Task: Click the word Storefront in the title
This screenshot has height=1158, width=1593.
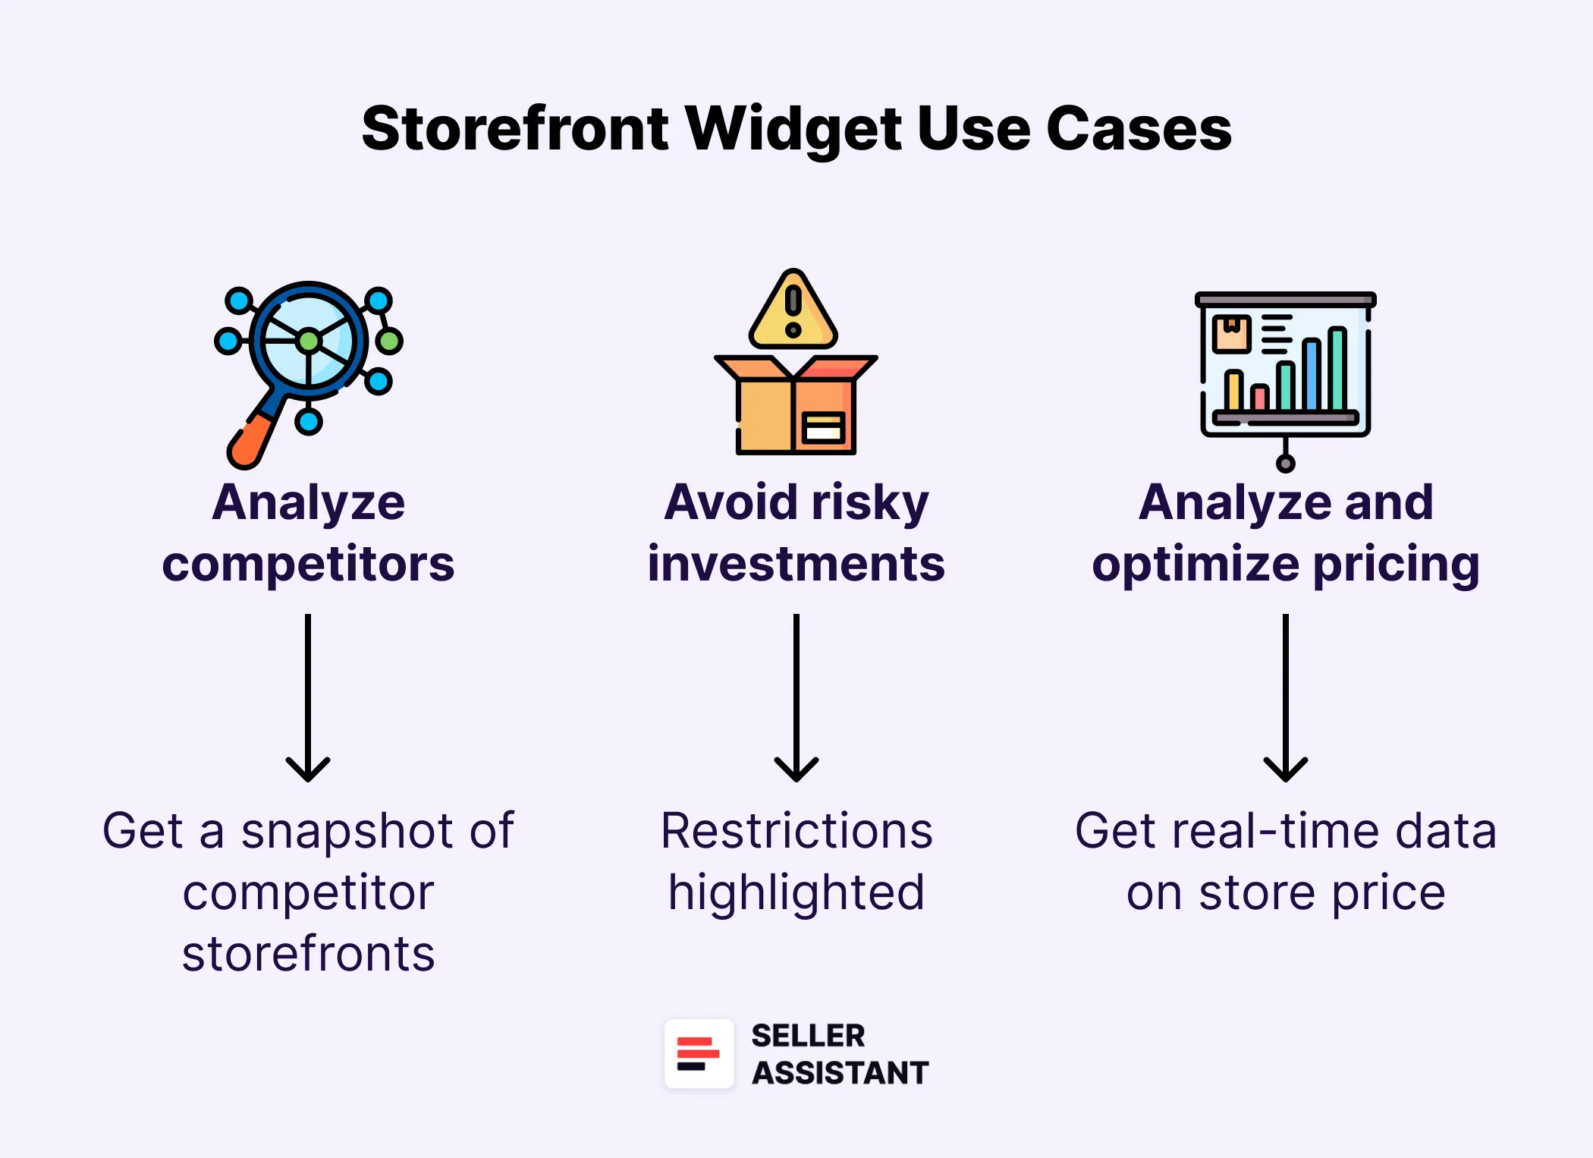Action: click(x=516, y=129)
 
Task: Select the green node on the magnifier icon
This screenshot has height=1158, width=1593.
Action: click(x=388, y=341)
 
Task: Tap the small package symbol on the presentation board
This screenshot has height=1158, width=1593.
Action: click(x=1231, y=334)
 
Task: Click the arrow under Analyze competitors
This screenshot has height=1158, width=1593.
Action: click(x=308, y=698)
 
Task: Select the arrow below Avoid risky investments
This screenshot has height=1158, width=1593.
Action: click(x=796, y=698)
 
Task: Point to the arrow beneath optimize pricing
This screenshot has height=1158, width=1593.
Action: click(x=1285, y=698)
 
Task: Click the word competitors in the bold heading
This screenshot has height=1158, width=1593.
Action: click(x=308, y=565)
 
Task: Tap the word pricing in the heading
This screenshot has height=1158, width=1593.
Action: click(x=1396, y=565)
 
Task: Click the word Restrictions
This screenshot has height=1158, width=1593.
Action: click(x=796, y=832)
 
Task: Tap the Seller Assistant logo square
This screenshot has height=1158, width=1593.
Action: click(x=699, y=1054)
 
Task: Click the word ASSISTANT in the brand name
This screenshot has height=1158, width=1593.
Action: click(x=840, y=1073)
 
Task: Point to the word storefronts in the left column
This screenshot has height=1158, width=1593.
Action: click(x=308, y=955)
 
